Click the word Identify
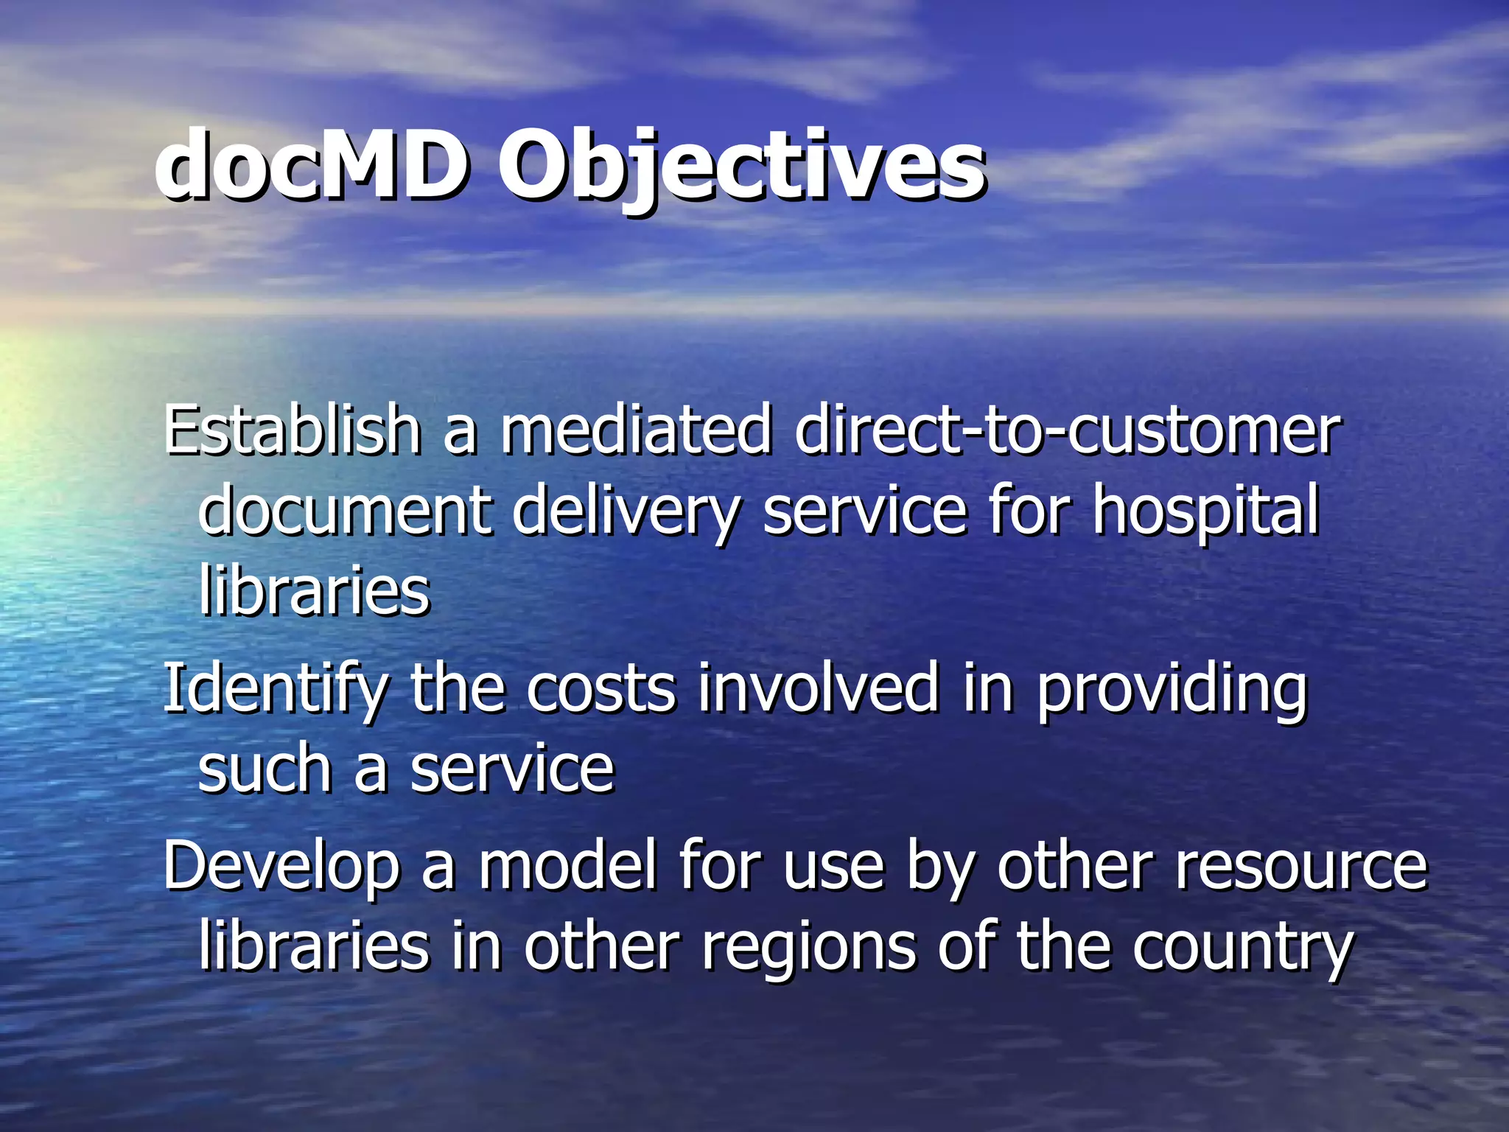pyautogui.click(x=274, y=689)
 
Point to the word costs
pyautogui.click(x=601, y=689)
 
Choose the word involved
pyautogui.click(x=819, y=689)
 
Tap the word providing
pyautogui.click(x=1172, y=689)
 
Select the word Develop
pyautogui.click(x=281, y=866)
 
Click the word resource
pyautogui.click(x=1301, y=866)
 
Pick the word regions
pyautogui.click(x=808, y=947)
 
